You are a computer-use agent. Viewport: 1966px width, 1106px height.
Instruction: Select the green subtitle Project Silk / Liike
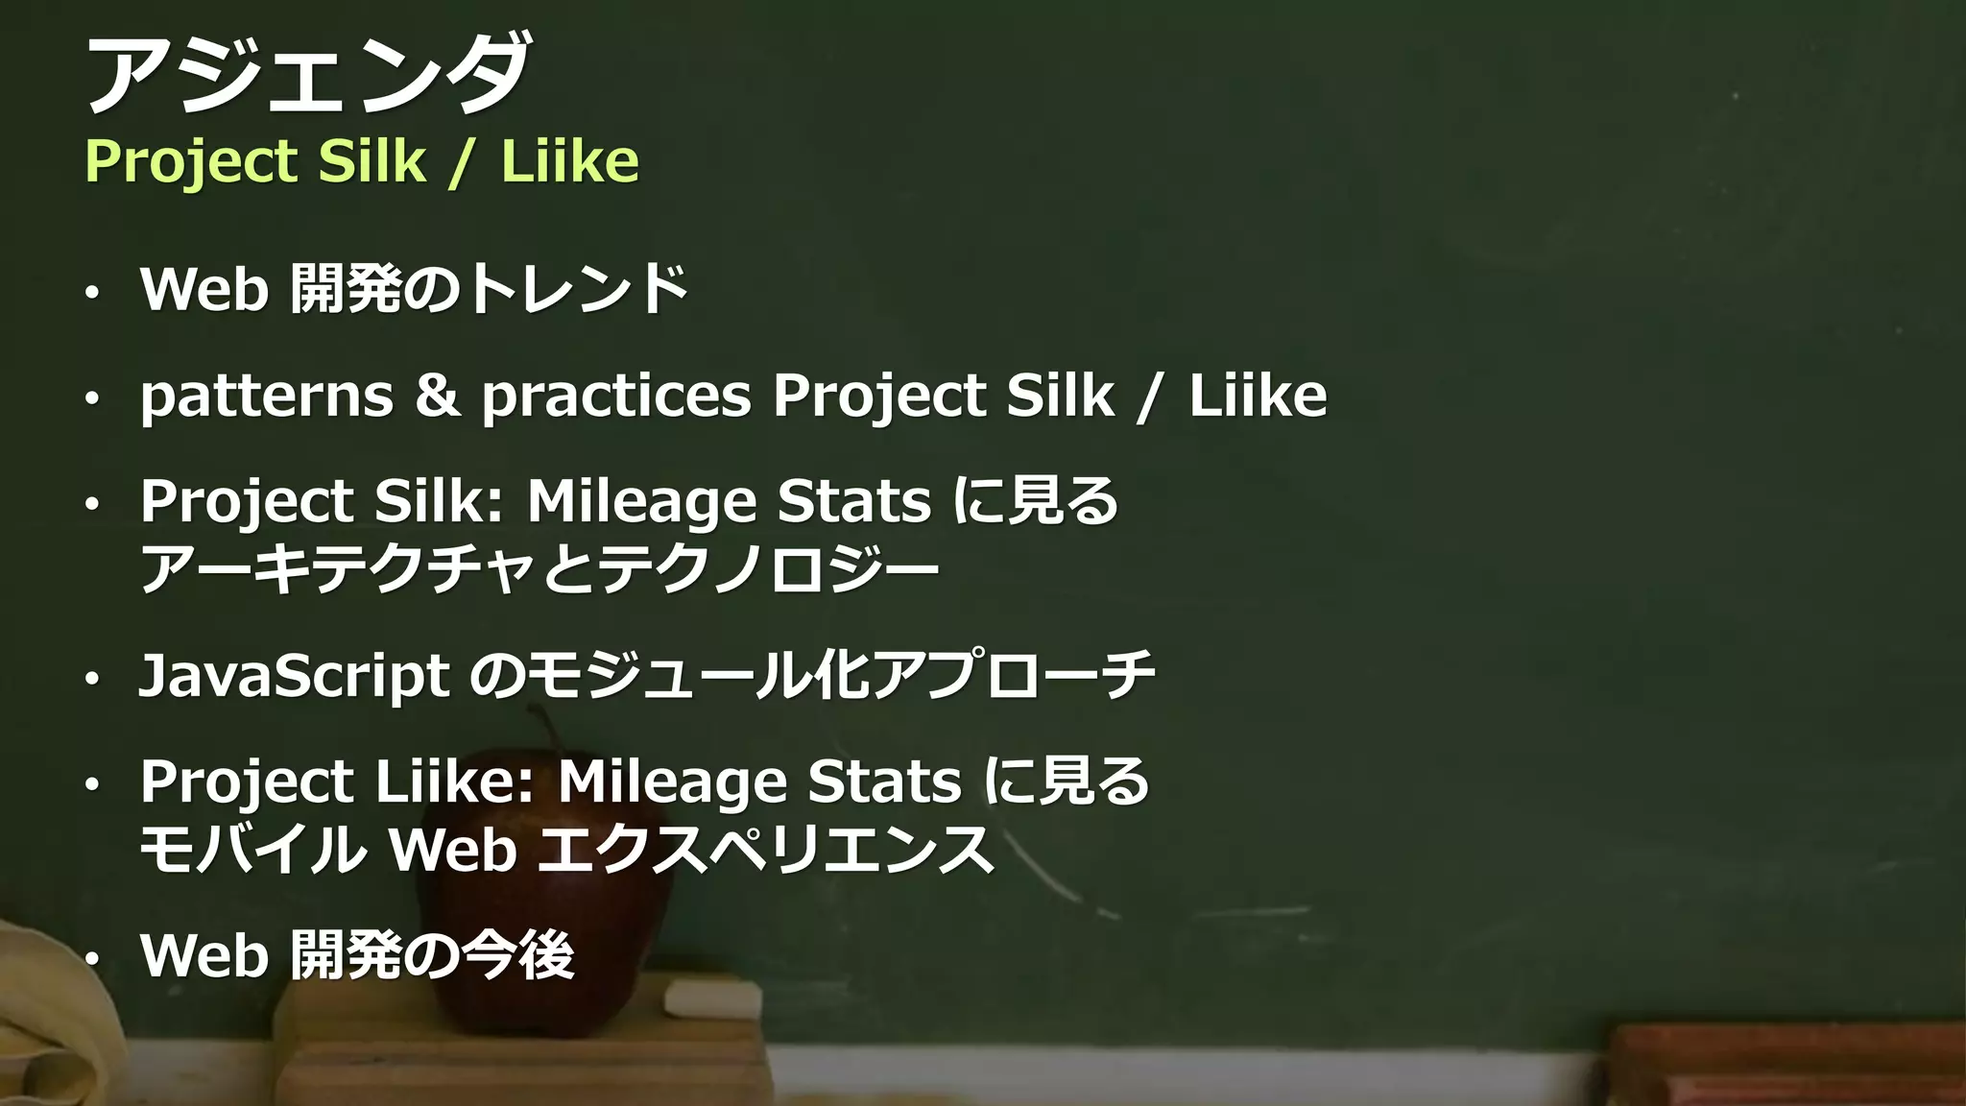[x=362, y=160]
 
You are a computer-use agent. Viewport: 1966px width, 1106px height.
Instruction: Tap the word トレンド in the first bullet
[x=576, y=288]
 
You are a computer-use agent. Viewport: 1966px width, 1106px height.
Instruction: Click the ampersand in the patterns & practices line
[x=438, y=395]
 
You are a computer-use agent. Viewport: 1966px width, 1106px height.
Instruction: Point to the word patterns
[x=267, y=397]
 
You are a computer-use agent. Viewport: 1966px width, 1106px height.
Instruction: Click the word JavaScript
[x=294, y=676]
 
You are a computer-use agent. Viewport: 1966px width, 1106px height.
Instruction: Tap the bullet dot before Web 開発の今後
[x=91, y=959]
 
